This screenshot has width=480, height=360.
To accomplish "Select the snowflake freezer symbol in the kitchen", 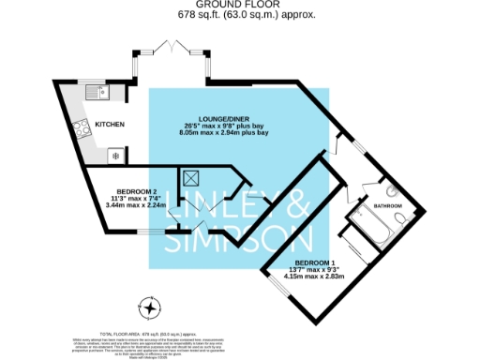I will pyautogui.click(x=115, y=154).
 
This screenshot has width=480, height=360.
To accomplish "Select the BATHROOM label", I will pyautogui.click(x=388, y=205).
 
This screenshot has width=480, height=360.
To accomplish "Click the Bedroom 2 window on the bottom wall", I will pyautogui.click(x=146, y=230).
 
